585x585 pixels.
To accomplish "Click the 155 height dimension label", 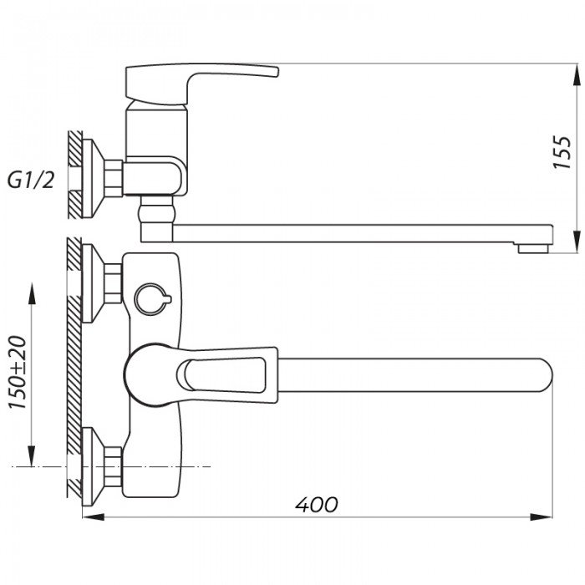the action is click(562, 152).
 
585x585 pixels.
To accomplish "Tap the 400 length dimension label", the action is click(317, 505).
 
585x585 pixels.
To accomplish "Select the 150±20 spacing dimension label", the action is click(18, 373).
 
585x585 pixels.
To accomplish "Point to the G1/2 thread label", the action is click(31, 181).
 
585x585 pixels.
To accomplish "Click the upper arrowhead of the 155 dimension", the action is click(577, 76).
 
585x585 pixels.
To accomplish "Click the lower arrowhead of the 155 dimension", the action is click(577, 242).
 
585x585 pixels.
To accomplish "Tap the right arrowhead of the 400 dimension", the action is click(542, 517).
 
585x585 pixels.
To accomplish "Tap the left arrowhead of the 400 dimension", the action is click(93, 517).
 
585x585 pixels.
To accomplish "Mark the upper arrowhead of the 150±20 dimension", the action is click(32, 295).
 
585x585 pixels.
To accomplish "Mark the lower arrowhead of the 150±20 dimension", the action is click(32, 455).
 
